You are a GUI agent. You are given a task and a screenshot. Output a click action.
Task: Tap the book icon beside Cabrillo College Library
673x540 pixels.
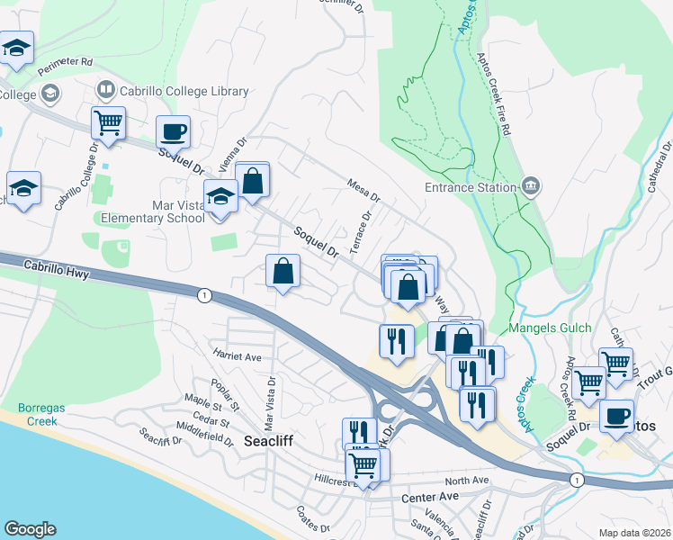pyautogui.click(x=105, y=90)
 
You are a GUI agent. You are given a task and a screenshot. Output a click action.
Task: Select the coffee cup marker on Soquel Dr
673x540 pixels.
pyautogui.click(x=174, y=132)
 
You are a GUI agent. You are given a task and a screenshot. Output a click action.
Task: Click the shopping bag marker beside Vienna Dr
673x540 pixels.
pyautogui.click(x=253, y=180)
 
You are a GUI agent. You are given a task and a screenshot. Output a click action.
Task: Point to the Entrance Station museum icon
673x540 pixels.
pyautogui.click(x=531, y=187)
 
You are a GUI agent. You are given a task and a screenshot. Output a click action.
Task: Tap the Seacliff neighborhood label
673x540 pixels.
pyautogui.click(x=269, y=442)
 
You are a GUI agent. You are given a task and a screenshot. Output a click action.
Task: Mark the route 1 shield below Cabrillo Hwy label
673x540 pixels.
pyautogui.click(x=204, y=294)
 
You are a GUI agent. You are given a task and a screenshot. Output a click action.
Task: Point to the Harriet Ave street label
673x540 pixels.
pyautogui.click(x=236, y=355)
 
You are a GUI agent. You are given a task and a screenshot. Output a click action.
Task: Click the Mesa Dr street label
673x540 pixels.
pyautogui.click(x=364, y=190)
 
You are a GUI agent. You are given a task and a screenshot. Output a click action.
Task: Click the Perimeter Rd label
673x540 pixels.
pyautogui.click(x=67, y=63)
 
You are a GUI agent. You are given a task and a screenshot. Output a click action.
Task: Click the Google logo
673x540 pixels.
pyautogui.click(x=30, y=529)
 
